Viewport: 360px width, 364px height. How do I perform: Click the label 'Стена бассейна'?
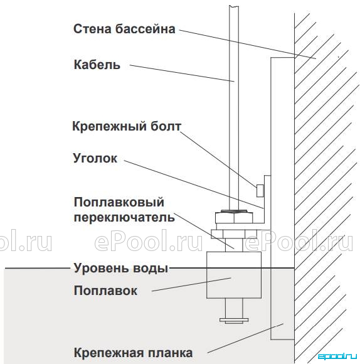(124, 29)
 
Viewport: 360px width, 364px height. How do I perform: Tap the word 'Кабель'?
(97, 65)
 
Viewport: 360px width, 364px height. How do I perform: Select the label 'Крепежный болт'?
(127, 127)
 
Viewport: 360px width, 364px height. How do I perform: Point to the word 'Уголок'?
(95, 158)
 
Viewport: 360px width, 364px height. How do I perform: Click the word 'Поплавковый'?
(119, 202)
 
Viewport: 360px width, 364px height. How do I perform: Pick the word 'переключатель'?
(124, 218)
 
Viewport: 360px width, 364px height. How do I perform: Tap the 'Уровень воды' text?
(121, 268)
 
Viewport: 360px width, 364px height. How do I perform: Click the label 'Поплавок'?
(105, 291)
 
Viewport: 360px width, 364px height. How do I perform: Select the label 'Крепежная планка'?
(133, 353)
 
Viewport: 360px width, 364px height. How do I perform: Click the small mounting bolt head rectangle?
(260, 191)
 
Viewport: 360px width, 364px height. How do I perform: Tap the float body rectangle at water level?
(234, 275)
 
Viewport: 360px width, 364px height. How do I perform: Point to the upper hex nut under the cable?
(234, 217)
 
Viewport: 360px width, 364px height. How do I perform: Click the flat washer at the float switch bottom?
(234, 320)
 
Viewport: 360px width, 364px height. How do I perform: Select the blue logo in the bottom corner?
(337, 356)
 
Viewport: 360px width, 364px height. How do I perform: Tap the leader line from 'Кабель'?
(182, 73)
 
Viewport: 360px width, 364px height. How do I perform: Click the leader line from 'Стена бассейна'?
(248, 44)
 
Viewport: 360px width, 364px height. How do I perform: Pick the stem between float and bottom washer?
(234, 308)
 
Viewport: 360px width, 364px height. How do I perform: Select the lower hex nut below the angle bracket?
(234, 234)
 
